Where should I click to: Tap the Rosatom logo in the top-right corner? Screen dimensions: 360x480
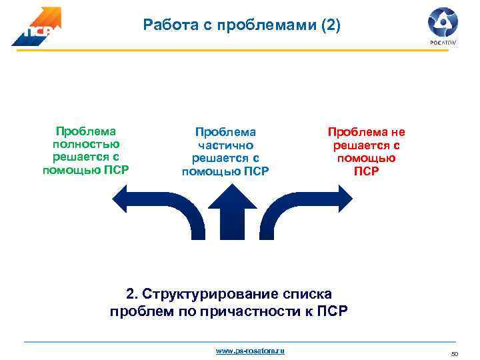click(x=442, y=25)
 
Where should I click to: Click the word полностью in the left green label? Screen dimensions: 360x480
click(x=85, y=145)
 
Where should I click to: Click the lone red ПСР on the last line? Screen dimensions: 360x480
click(x=366, y=171)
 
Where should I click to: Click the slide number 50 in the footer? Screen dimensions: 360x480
click(x=455, y=353)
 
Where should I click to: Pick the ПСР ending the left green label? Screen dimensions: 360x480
click(x=114, y=169)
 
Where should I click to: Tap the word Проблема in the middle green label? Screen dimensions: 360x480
click(x=225, y=133)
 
